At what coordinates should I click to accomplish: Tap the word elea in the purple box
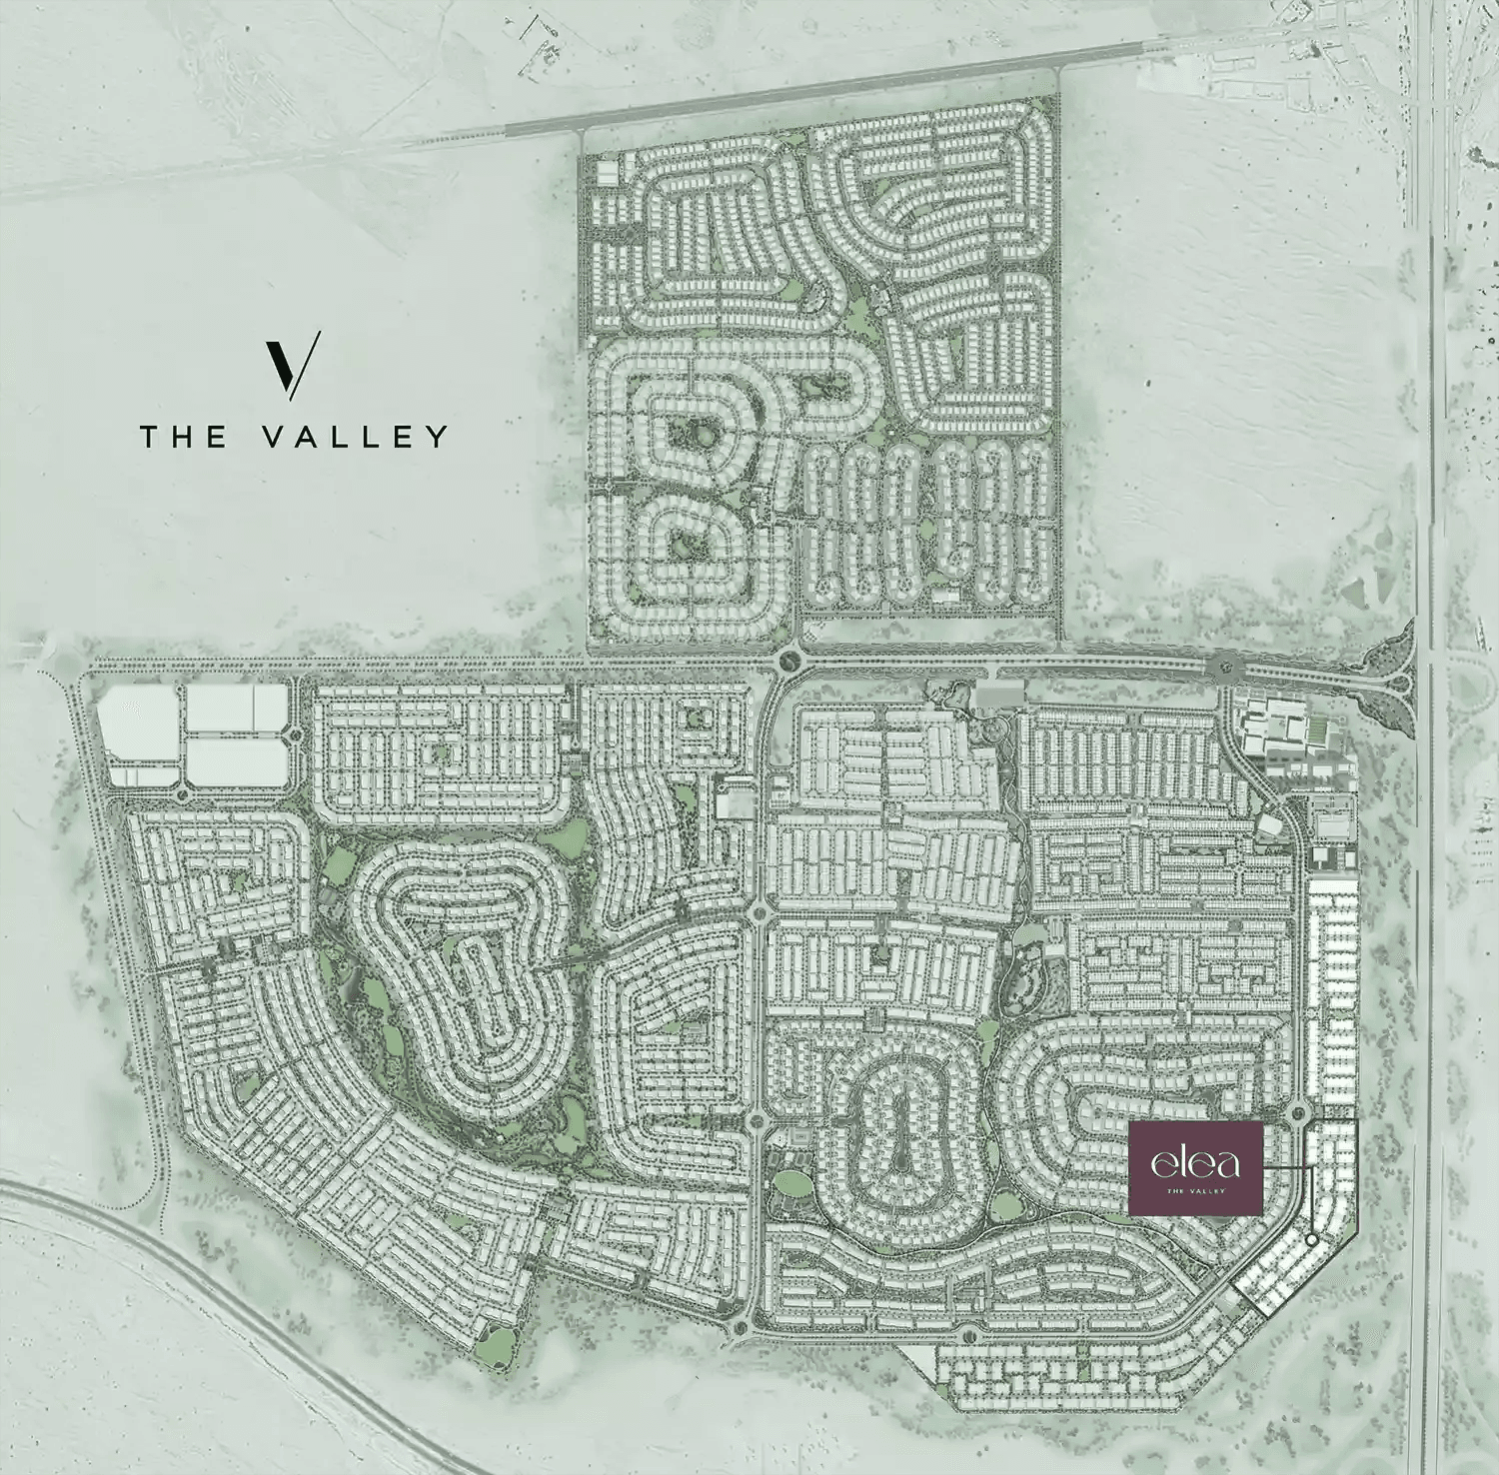coord(1195,1163)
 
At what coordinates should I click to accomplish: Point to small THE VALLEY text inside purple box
coord(1195,1190)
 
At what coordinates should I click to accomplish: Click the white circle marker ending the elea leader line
coord(1312,1240)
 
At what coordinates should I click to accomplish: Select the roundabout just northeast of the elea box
coord(1299,1111)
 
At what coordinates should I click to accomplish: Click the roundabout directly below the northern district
coord(790,660)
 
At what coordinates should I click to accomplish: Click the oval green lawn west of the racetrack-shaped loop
coord(794,1183)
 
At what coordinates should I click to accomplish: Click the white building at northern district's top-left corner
coord(607,172)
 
